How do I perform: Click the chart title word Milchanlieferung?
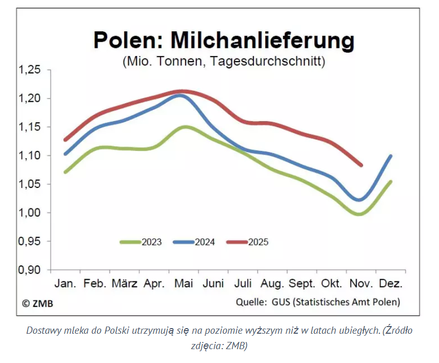(262, 41)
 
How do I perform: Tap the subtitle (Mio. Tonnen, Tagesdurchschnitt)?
(224, 62)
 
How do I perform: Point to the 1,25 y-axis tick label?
(29, 70)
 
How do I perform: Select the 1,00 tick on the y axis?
(29, 213)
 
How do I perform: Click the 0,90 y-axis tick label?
(29, 270)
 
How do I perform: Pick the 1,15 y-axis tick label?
(29, 127)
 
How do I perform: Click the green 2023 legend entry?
(141, 242)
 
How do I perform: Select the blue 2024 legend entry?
(194, 242)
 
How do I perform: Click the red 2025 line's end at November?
(361, 165)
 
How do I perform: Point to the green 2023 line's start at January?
(66, 171)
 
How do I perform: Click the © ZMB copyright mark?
(37, 303)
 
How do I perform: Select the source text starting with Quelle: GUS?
(318, 302)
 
